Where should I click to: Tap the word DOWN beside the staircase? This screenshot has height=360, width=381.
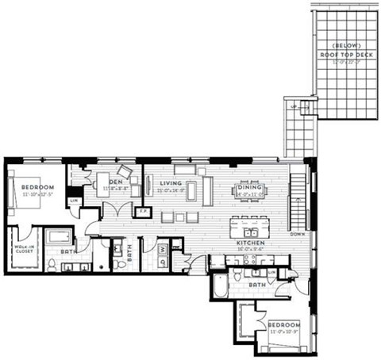(298, 235)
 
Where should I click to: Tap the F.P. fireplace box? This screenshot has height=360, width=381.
(144, 212)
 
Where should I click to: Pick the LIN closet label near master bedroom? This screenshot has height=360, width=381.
(75, 201)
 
